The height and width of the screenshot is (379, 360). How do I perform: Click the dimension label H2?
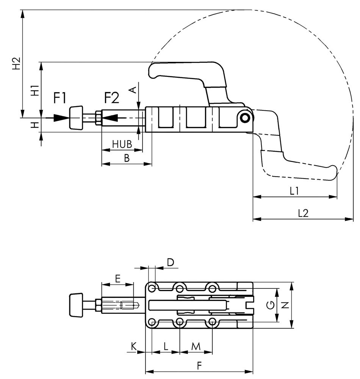(16, 64)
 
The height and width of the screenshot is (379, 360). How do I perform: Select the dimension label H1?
(35, 91)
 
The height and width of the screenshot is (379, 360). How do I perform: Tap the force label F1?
(60, 98)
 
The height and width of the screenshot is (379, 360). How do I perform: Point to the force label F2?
(111, 98)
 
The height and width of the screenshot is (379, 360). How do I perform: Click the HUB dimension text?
(122, 144)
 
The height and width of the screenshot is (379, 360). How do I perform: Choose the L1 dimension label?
(294, 191)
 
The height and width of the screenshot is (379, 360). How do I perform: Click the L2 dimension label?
(303, 213)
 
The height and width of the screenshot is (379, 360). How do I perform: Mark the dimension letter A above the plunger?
(133, 89)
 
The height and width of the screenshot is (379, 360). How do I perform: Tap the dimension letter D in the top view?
(171, 262)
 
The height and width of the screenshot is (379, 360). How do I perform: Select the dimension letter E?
(117, 279)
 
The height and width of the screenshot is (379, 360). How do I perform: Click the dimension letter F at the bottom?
(199, 366)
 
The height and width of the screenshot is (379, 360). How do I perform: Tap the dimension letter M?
(196, 346)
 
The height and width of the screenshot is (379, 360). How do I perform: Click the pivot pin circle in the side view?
(246, 117)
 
